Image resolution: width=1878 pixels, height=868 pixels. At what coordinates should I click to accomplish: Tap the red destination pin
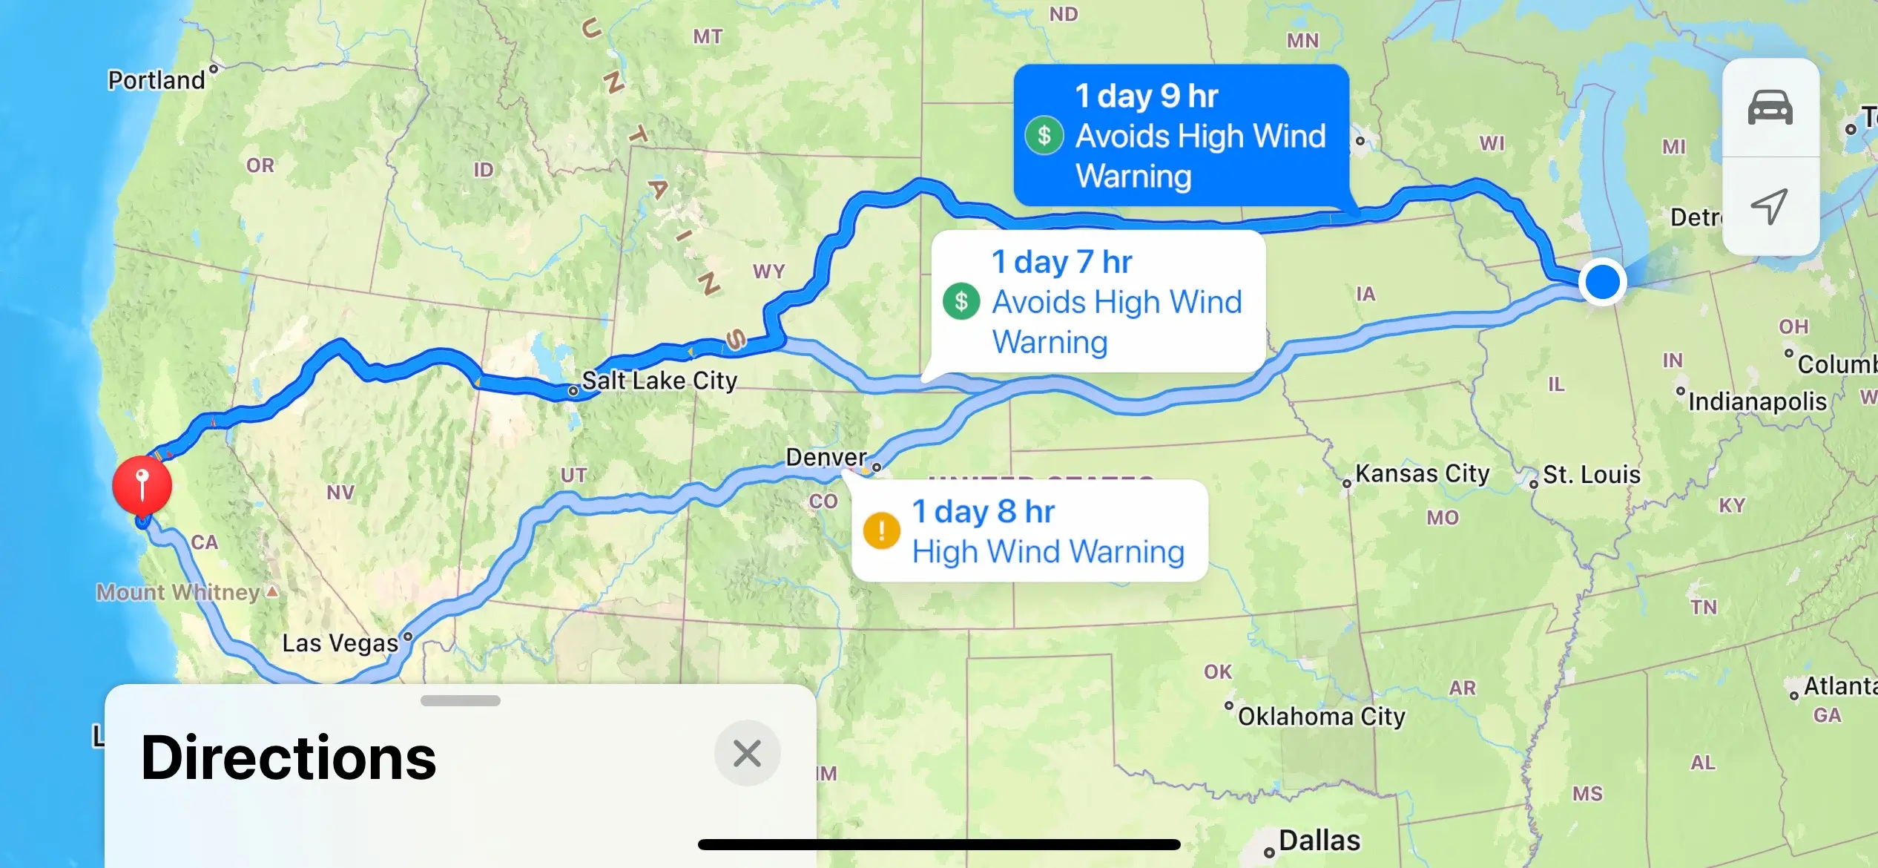tap(142, 484)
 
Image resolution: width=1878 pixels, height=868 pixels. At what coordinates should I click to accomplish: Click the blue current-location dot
tap(1602, 282)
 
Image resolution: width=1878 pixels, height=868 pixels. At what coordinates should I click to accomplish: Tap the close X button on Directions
tap(747, 753)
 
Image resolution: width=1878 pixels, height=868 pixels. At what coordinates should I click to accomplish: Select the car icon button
tap(1770, 108)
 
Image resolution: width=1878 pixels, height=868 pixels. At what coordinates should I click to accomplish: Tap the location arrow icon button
tap(1770, 206)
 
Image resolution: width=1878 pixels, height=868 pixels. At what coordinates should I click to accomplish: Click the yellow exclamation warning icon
tap(881, 531)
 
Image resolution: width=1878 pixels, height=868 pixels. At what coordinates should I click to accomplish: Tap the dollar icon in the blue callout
tap(1044, 135)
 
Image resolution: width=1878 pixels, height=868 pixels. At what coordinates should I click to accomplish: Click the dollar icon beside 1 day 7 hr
tap(961, 301)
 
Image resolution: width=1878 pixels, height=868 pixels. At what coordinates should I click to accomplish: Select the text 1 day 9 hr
tap(1146, 96)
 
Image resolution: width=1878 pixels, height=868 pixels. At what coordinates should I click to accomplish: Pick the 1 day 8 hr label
tap(983, 512)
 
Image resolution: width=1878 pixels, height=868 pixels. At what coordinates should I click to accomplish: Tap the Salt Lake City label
tap(659, 381)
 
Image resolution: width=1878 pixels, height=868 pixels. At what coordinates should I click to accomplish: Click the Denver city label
tap(826, 457)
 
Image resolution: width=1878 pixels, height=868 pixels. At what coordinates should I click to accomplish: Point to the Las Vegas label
tap(340, 642)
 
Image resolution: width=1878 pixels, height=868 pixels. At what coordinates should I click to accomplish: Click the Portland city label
tap(156, 80)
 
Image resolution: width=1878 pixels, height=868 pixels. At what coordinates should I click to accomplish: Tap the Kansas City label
tap(1422, 473)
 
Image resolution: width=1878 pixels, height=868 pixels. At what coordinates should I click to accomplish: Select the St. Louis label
tap(1591, 475)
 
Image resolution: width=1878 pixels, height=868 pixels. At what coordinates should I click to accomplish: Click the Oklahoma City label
tap(1321, 717)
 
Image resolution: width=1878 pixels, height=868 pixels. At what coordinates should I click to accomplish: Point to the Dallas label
tap(1319, 841)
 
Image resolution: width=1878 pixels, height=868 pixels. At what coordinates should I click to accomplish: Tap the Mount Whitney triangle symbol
tap(272, 591)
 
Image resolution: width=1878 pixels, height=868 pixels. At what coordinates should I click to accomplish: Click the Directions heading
tap(289, 758)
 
